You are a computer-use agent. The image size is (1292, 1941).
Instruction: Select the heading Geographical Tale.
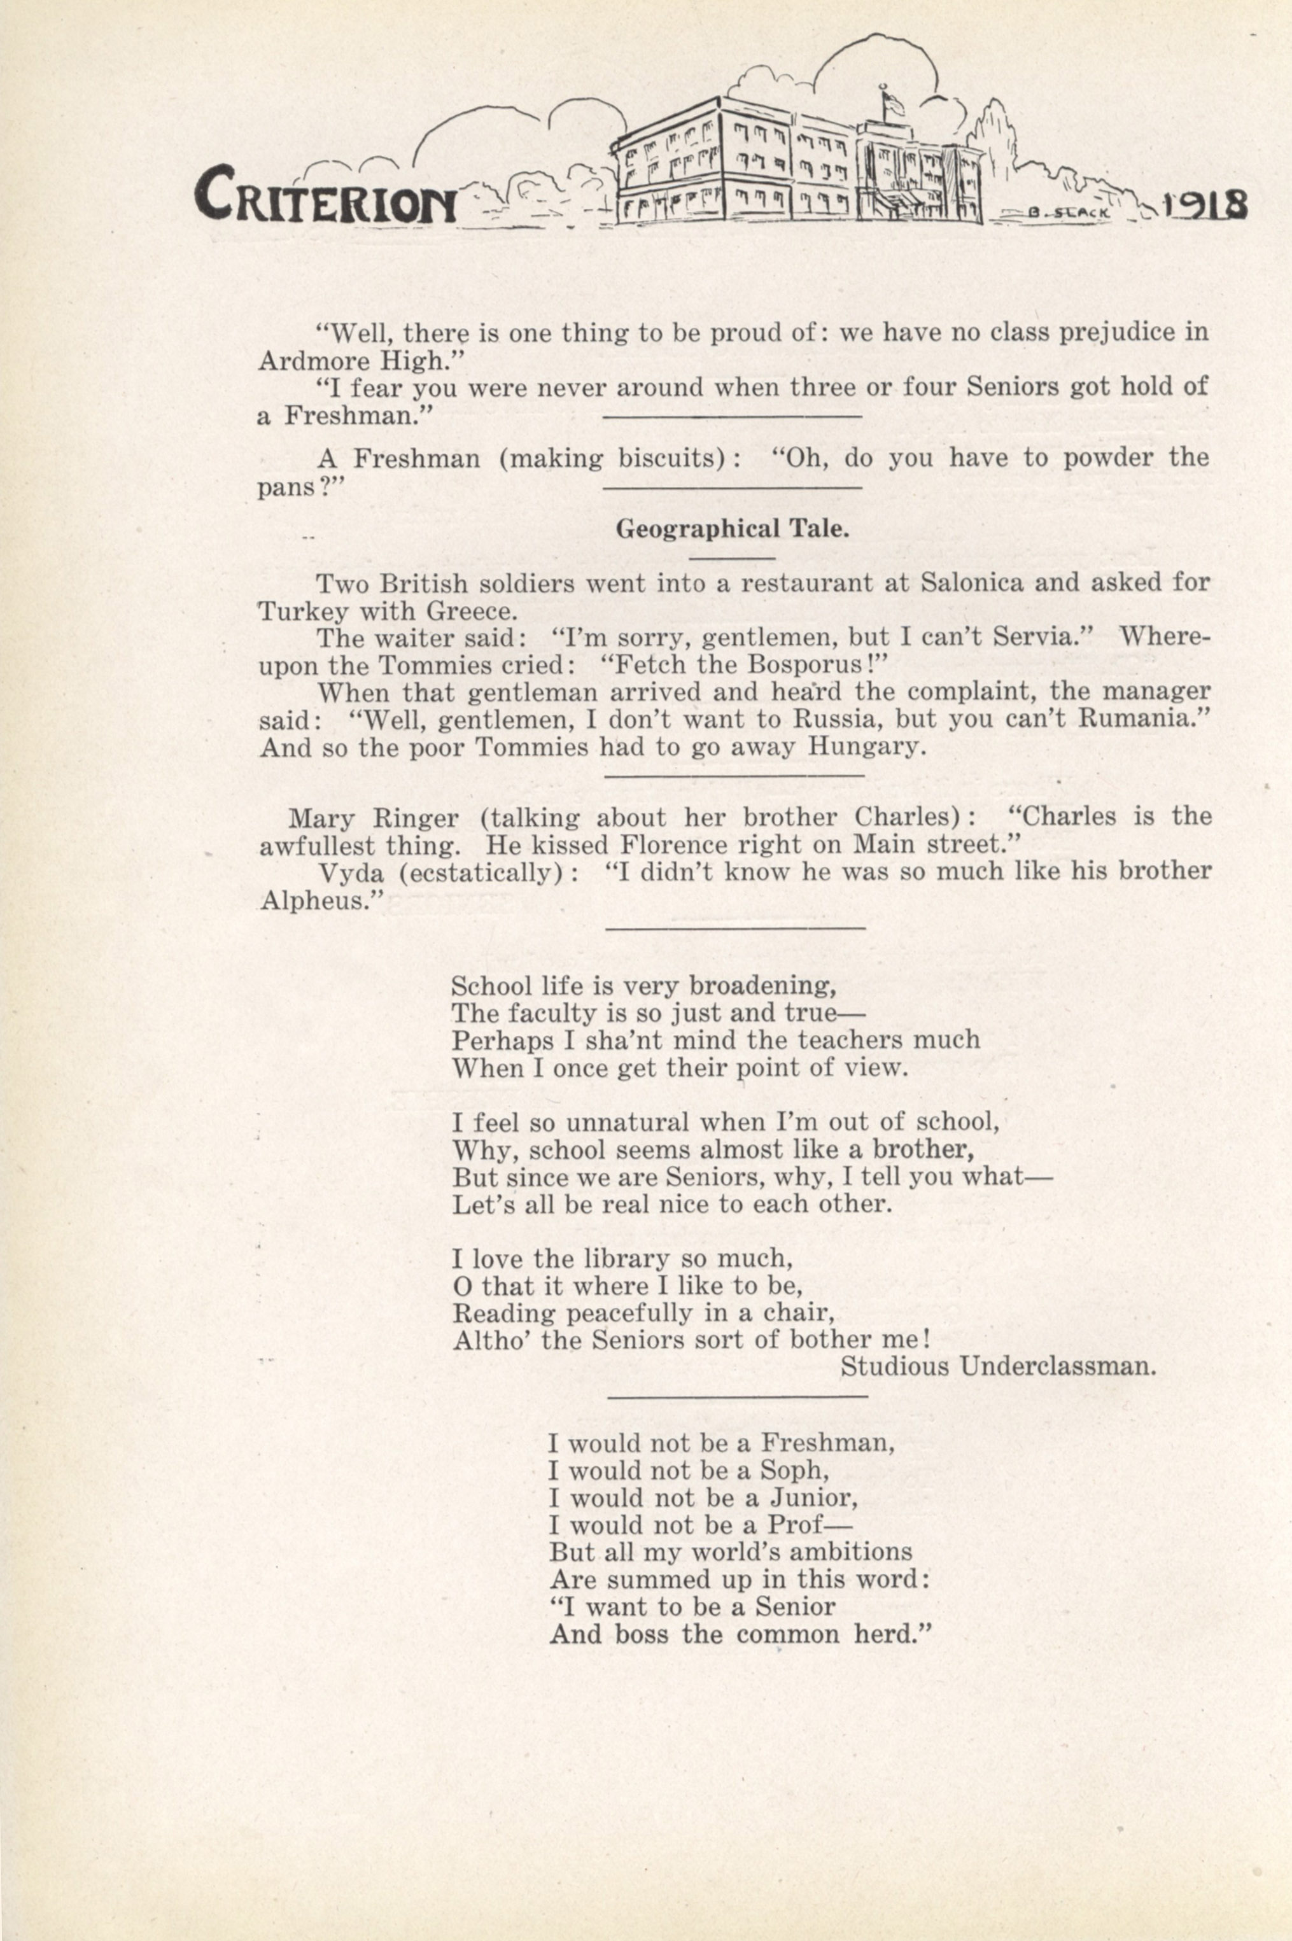733,529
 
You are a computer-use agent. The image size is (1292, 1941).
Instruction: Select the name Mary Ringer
373,818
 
